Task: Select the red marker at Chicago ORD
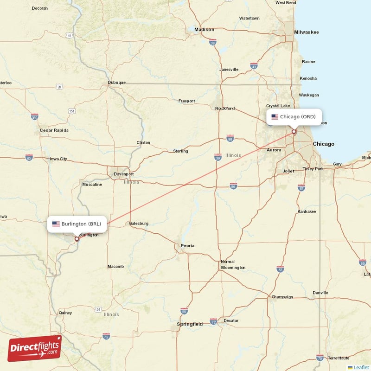tap(294, 132)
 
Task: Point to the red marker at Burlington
tap(77, 239)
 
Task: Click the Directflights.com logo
tap(35, 348)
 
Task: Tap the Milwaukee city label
tap(306, 32)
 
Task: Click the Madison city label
tap(204, 30)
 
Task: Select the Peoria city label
tap(187, 245)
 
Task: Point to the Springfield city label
tap(190, 324)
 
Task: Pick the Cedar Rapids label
tap(54, 130)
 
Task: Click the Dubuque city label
tap(117, 83)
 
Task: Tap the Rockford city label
tap(225, 109)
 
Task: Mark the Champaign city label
tap(283, 297)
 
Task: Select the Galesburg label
tap(139, 223)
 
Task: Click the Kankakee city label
tap(307, 211)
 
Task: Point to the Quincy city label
tap(65, 313)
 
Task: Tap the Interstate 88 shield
tap(230, 138)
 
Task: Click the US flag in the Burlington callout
tap(56, 224)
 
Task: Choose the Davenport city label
tap(124, 174)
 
